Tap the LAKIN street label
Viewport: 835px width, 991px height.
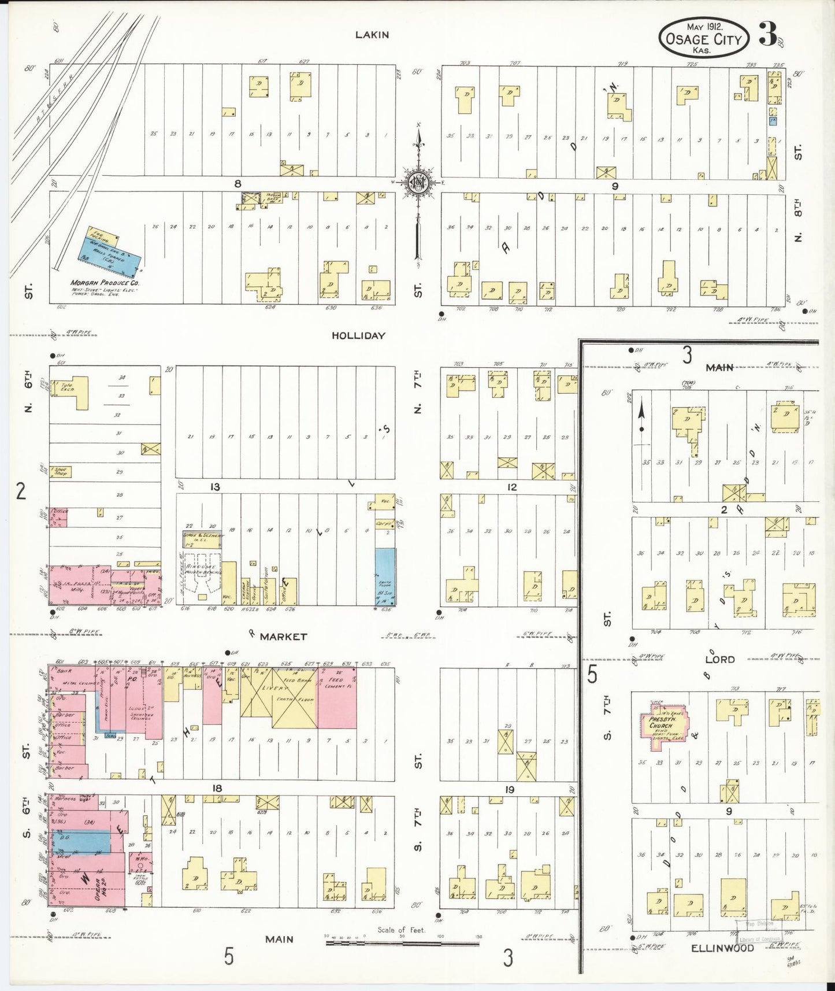click(372, 35)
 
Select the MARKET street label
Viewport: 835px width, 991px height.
click(283, 637)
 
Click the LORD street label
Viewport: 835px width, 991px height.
click(719, 659)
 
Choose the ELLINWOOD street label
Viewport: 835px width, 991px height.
click(730, 948)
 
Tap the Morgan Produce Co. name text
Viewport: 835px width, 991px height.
click(105, 283)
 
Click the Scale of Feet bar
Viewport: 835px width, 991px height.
click(402, 944)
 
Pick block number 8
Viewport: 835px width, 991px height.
click(237, 184)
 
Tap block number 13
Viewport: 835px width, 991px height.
click(215, 487)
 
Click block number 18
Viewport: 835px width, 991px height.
click(217, 789)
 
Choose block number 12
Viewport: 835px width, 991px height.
click(511, 487)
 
